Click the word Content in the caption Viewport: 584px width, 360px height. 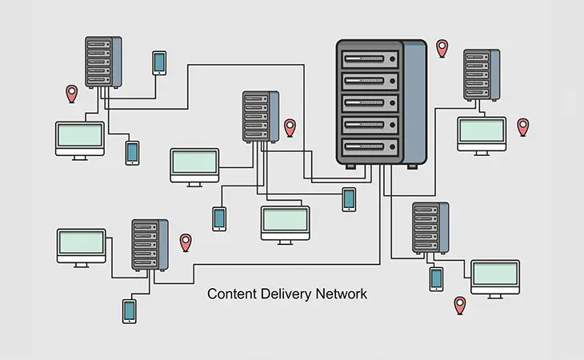click(x=229, y=294)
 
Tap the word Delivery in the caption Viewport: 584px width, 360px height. click(x=279, y=294)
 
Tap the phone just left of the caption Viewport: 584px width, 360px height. click(x=129, y=310)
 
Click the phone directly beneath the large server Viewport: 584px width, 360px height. click(x=349, y=198)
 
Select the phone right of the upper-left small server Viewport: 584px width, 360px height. click(x=159, y=62)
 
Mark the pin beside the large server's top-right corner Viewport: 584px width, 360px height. click(x=442, y=47)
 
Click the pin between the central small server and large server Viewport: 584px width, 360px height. click(x=290, y=126)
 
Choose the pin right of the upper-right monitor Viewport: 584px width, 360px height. click(x=523, y=126)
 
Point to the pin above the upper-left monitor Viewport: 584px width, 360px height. click(x=71, y=93)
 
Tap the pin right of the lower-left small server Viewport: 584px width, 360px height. click(x=186, y=242)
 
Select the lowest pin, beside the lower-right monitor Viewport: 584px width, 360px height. click(x=459, y=304)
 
